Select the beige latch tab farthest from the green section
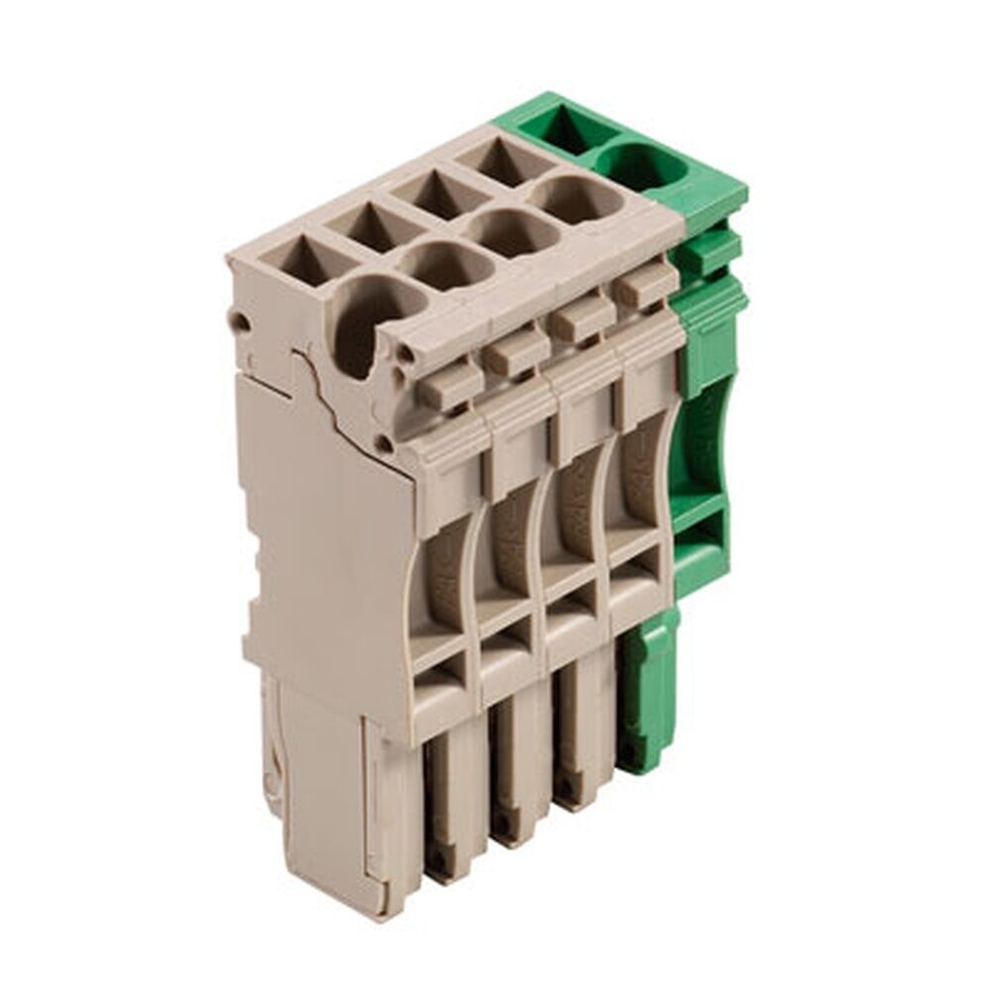click(x=448, y=385)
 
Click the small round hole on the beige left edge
click(x=239, y=319)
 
